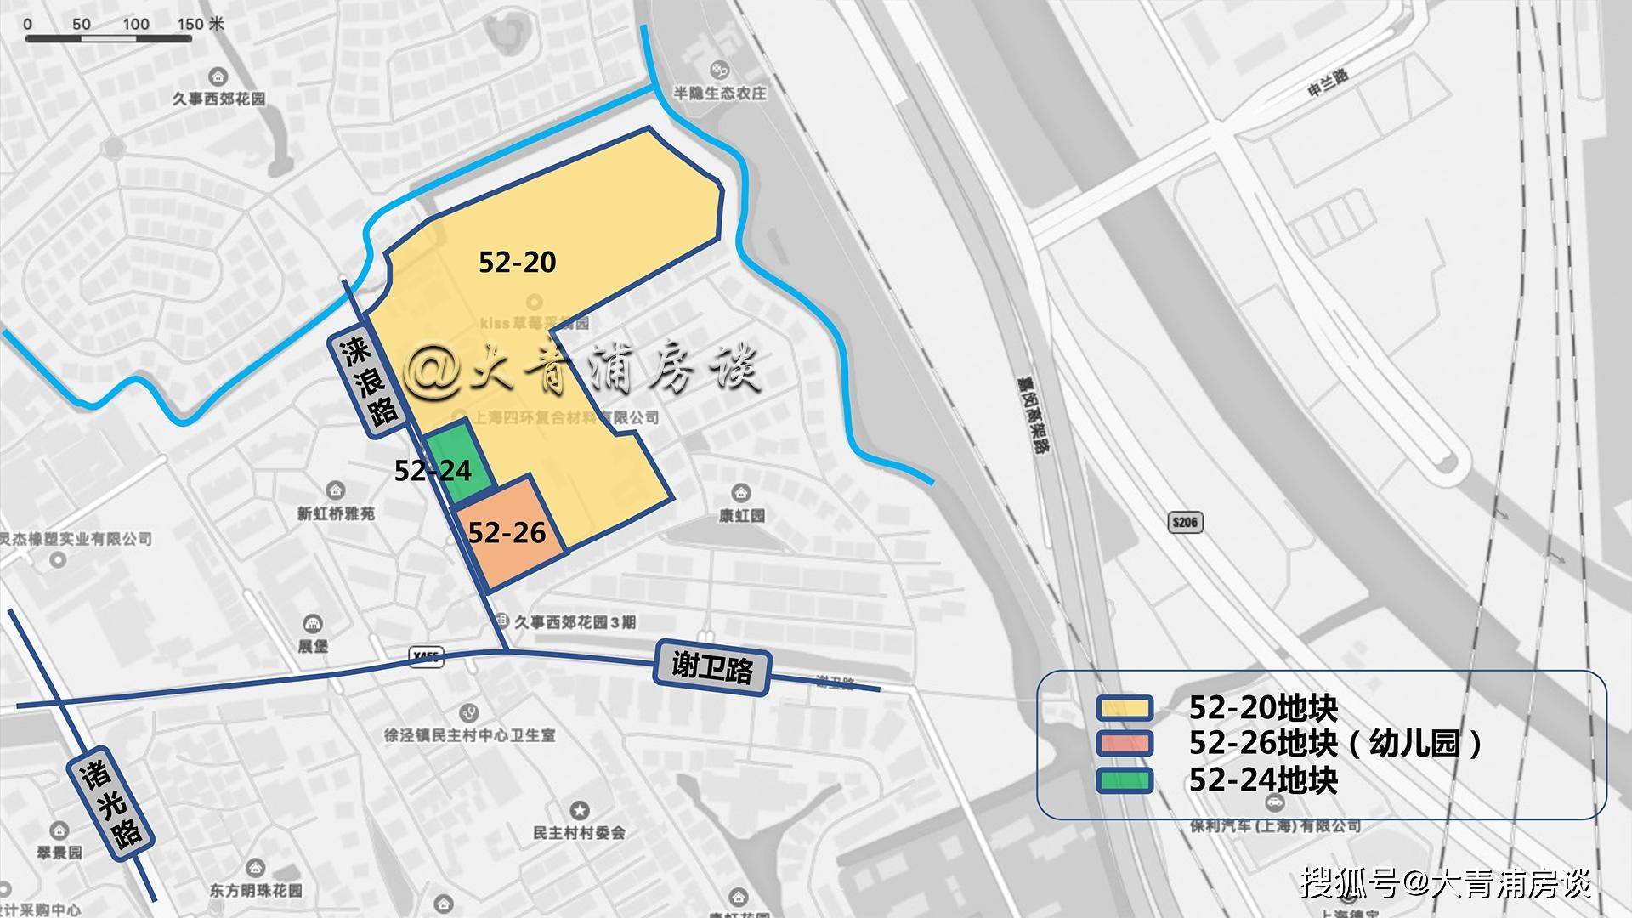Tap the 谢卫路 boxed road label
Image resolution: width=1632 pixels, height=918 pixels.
[x=712, y=668]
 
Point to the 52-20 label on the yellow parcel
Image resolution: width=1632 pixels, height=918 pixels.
[x=517, y=262]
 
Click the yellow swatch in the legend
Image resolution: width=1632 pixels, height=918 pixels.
[x=1124, y=708]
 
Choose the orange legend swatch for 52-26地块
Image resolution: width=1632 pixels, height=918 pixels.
[x=1124, y=744]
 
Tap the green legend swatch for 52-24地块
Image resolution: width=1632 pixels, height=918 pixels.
[x=1124, y=780]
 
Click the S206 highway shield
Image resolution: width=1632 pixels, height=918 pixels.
[x=1185, y=522]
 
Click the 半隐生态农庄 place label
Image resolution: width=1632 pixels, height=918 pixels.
[x=720, y=93]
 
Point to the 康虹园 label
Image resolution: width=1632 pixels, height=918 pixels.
[x=741, y=515]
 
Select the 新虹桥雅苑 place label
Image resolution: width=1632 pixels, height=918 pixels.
[x=336, y=513]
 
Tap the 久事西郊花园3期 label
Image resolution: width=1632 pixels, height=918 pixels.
[x=575, y=622]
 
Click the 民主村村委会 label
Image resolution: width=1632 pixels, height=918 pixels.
[x=579, y=833]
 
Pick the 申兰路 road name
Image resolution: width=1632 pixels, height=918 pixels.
[x=1328, y=83]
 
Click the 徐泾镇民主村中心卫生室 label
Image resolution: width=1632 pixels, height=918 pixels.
[x=469, y=734]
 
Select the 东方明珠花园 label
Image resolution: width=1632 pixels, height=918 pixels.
[x=256, y=891]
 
